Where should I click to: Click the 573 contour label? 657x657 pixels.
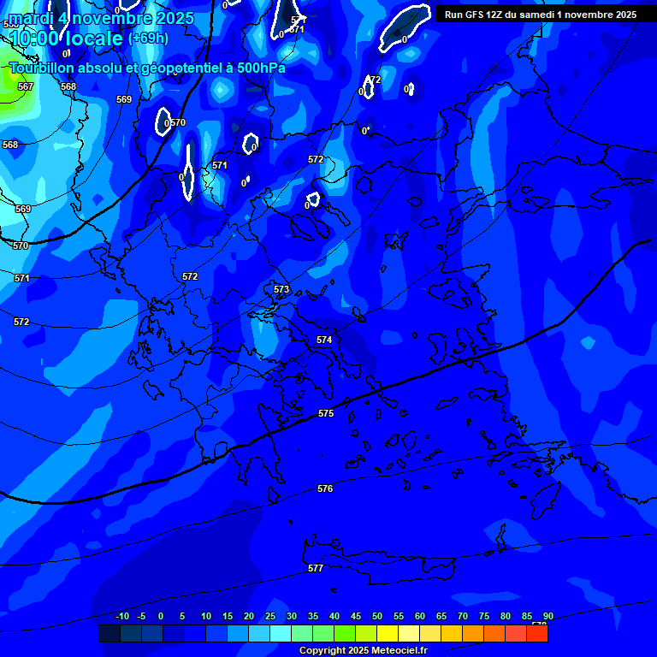pos(281,290)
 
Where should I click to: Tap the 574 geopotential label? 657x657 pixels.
pos(324,340)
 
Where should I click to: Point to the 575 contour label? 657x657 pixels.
pos(326,414)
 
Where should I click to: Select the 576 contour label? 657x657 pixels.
pos(325,489)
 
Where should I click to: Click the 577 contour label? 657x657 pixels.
pos(316,569)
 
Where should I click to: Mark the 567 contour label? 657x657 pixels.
pos(26,87)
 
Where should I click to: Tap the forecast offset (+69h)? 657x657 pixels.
pos(148,38)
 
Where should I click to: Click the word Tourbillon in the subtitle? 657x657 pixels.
pos(43,68)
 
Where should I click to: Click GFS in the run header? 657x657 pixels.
pos(473,15)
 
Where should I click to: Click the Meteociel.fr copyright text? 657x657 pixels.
pos(364,651)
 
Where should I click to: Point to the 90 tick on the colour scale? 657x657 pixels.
pos(547,617)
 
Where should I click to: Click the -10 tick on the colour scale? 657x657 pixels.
pos(121,617)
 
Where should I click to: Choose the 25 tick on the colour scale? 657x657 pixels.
pos(270,617)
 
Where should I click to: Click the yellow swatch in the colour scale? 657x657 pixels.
pos(388,634)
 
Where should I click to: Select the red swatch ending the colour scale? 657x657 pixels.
pos(537,634)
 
